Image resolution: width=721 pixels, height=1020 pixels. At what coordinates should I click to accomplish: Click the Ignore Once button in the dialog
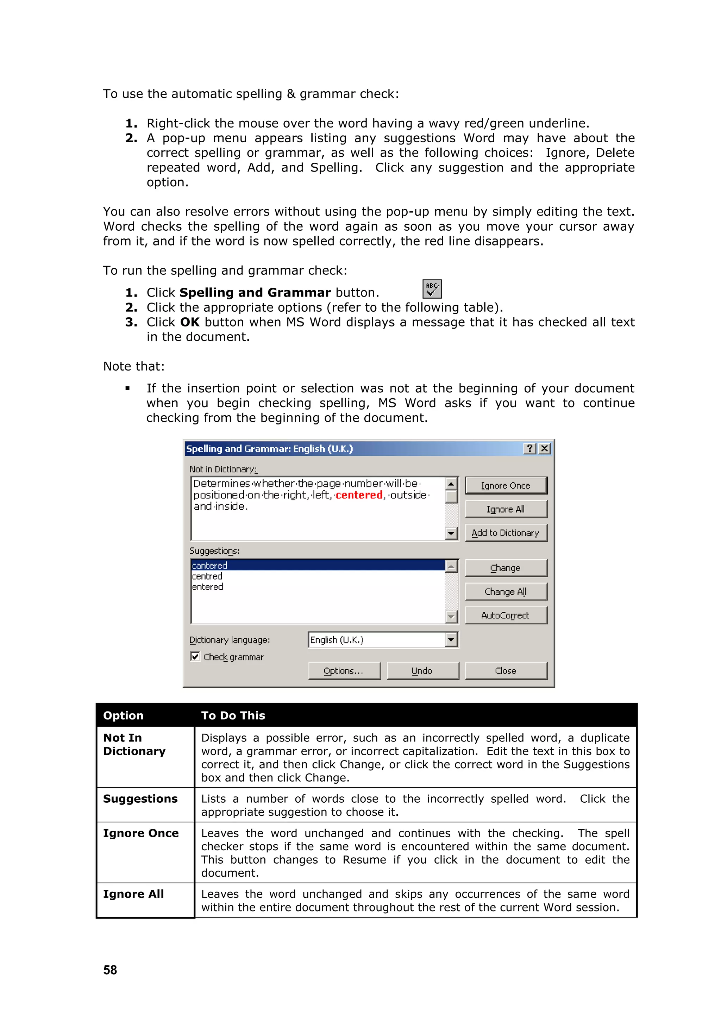click(506, 486)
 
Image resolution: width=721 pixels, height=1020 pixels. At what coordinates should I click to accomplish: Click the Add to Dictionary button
click(506, 533)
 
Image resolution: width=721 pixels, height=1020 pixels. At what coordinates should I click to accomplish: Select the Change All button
click(506, 592)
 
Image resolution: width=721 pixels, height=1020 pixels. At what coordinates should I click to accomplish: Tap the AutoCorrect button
click(506, 615)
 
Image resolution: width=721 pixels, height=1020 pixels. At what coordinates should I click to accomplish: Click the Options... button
click(344, 671)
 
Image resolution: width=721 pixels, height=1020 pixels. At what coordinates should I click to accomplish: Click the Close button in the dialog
click(506, 671)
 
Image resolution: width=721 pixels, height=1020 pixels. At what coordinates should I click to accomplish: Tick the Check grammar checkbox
click(195, 657)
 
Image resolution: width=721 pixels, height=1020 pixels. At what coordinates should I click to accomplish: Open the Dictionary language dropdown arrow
click(451, 640)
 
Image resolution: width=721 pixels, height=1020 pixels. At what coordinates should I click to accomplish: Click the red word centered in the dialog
click(359, 495)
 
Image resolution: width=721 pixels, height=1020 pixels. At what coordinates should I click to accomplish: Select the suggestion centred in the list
click(207, 576)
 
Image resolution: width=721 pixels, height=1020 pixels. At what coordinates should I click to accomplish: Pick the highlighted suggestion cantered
click(209, 566)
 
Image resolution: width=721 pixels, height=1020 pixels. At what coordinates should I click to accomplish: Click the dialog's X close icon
click(545, 448)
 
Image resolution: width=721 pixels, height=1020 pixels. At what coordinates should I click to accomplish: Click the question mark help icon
click(529, 448)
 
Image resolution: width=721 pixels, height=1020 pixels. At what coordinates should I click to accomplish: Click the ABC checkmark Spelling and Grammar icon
click(432, 289)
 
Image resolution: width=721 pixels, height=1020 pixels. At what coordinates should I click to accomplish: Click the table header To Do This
click(233, 715)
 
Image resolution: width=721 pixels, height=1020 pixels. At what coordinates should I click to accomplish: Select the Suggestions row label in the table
click(140, 799)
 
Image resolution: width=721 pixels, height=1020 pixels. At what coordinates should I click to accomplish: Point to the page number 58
click(110, 970)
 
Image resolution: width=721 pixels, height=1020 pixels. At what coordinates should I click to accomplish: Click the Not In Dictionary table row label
click(134, 744)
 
